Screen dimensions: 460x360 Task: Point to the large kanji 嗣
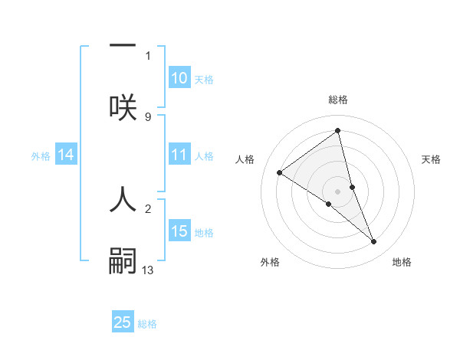[x=123, y=260]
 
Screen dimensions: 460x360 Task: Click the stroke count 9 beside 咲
[x=148, y=116]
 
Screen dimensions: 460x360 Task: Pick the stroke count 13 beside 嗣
[x=148, y=270]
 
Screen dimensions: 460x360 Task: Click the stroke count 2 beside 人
[x=148, y=208]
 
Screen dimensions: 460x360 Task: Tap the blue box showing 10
[x=179, y=78]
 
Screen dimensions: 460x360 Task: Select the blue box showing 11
[x=179, y=155]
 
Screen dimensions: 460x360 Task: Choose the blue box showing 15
[x=179, y=231]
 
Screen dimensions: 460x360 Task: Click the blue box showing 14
[x=66, y=155]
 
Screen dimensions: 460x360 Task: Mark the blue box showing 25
[x=123, y=322]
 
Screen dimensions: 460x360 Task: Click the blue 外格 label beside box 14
[x=41, y=156]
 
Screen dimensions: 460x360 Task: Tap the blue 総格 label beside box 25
[x=147, y=324]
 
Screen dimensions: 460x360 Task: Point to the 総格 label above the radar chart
[x=338, y=100]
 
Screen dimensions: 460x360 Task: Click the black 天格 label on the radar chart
[x=432, y=159]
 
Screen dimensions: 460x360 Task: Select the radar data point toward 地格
[x=374, y=242]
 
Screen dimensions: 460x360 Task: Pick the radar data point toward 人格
[x=279, y=173]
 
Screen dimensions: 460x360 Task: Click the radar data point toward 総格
[x=338, y=131]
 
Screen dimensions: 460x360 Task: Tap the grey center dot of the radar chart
[x=338, y=191]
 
